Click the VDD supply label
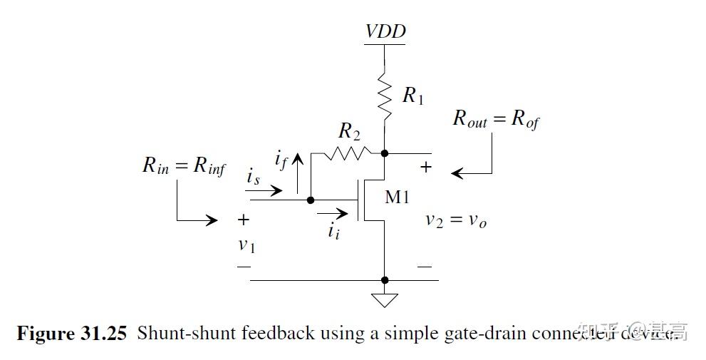385,31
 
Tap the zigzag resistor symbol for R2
346,152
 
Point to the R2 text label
350,131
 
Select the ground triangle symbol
385,299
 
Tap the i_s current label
254,178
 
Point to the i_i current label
333,230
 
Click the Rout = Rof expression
496,118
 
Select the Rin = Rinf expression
184,166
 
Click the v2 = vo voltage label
456,220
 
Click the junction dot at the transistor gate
311,200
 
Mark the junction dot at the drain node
385,153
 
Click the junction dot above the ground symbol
385,280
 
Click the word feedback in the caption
280,333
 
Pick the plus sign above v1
244,220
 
